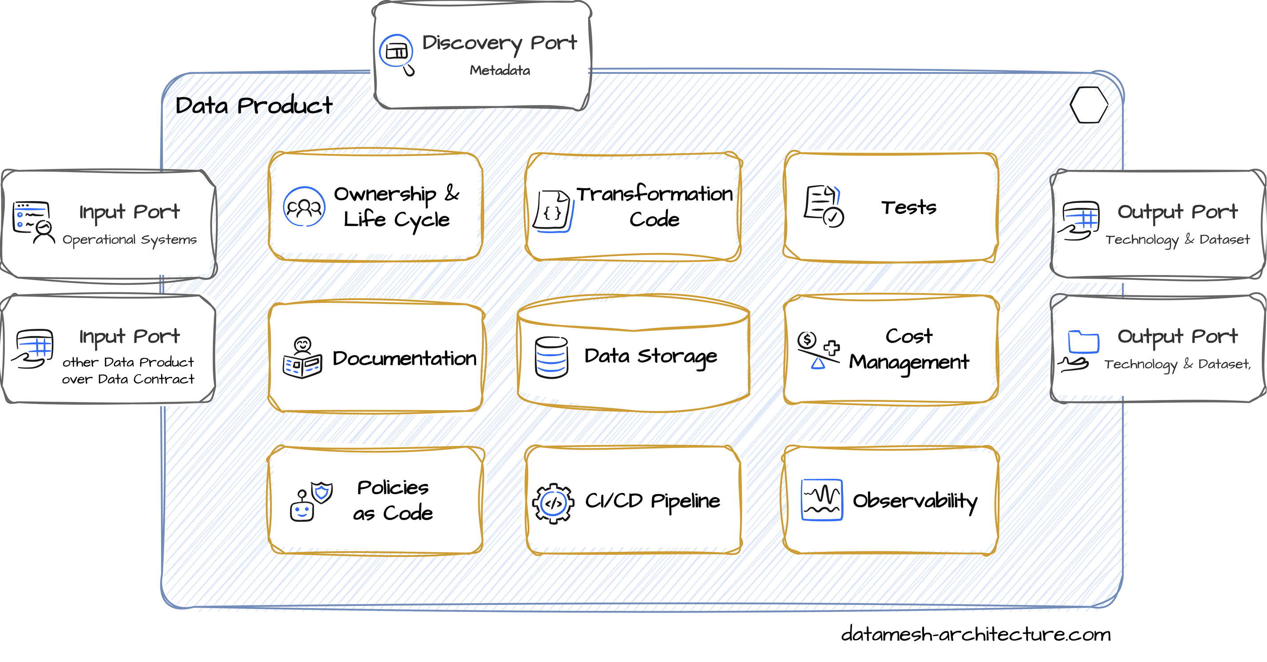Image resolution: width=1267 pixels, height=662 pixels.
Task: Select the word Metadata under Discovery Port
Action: pos(500,70)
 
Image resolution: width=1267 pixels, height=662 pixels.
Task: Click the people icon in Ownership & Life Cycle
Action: pos(304,206)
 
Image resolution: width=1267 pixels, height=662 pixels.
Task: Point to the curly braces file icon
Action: pos(553,212)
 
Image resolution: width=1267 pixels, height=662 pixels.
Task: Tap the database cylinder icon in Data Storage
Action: pos(551,358)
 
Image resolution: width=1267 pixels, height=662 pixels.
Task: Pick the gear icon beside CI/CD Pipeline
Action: pos(553,503)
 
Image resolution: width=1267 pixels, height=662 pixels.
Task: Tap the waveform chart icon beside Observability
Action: pos(822,500)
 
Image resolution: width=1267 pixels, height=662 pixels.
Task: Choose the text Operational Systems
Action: pos(129,240)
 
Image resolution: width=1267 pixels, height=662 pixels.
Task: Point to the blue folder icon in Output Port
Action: pos(1083,342)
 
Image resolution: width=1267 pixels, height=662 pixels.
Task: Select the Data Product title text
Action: pos(254,106)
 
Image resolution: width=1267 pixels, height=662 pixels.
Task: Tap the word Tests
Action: pos(909,208)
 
